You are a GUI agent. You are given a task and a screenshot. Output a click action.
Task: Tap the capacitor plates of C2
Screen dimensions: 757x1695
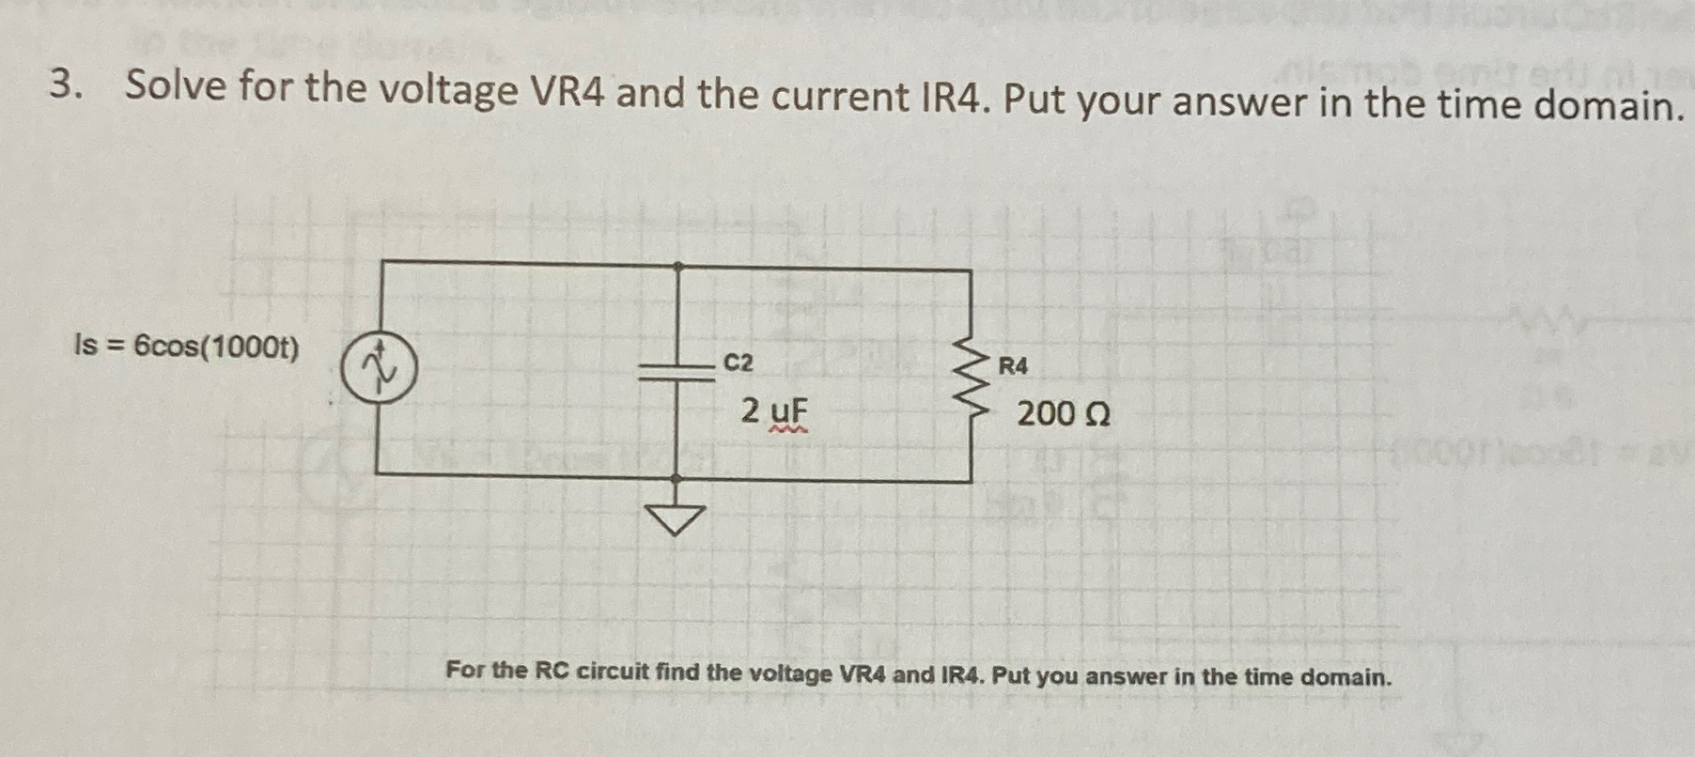point(677,371)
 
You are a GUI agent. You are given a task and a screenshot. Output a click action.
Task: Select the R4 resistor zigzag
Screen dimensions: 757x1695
point(972,378)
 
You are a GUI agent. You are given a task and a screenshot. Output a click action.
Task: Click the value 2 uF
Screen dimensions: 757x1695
point(773,411)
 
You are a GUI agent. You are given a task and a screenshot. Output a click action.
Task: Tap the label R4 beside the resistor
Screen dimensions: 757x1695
point(1012,366)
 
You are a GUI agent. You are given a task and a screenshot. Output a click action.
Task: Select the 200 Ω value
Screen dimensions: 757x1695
point(1064,413)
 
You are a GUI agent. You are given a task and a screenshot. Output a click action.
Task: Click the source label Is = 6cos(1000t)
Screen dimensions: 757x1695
point(186,348)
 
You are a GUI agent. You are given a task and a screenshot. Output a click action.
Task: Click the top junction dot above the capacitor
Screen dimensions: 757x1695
point(677,267)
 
